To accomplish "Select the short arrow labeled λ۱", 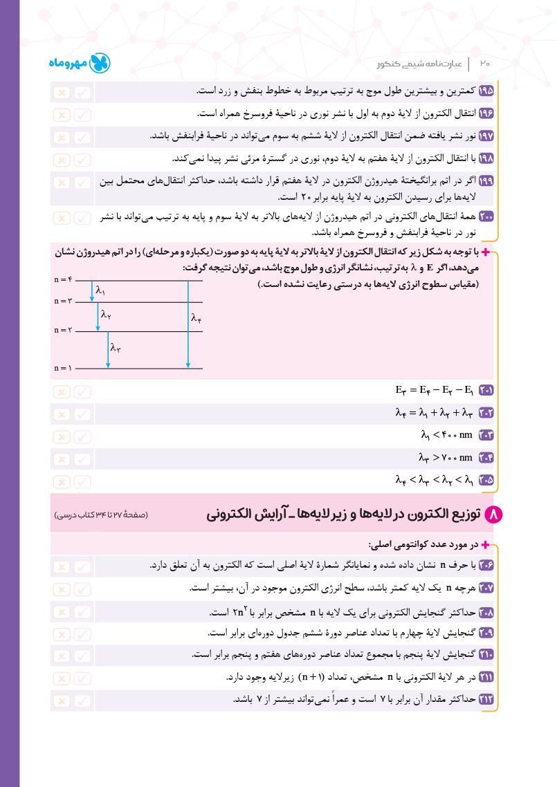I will click(92, 291).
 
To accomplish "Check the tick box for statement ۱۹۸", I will click(82, 159).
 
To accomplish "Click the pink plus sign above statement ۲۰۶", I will click(493, 544).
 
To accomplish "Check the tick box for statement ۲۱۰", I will click(82, 655).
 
